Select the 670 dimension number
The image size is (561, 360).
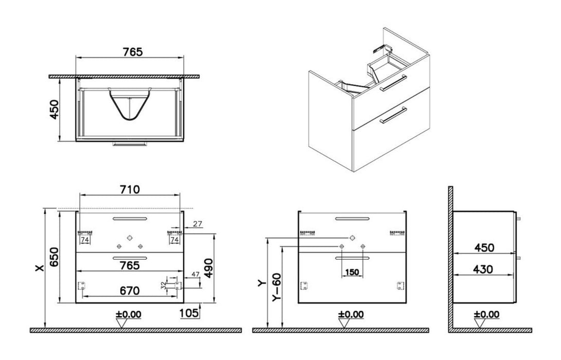coord(130,291)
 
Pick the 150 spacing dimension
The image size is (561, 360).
coord(352,272)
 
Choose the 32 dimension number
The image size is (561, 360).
coord(164,284)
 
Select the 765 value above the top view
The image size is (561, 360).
coord(132,52)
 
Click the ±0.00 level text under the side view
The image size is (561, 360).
coord(486,314)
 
